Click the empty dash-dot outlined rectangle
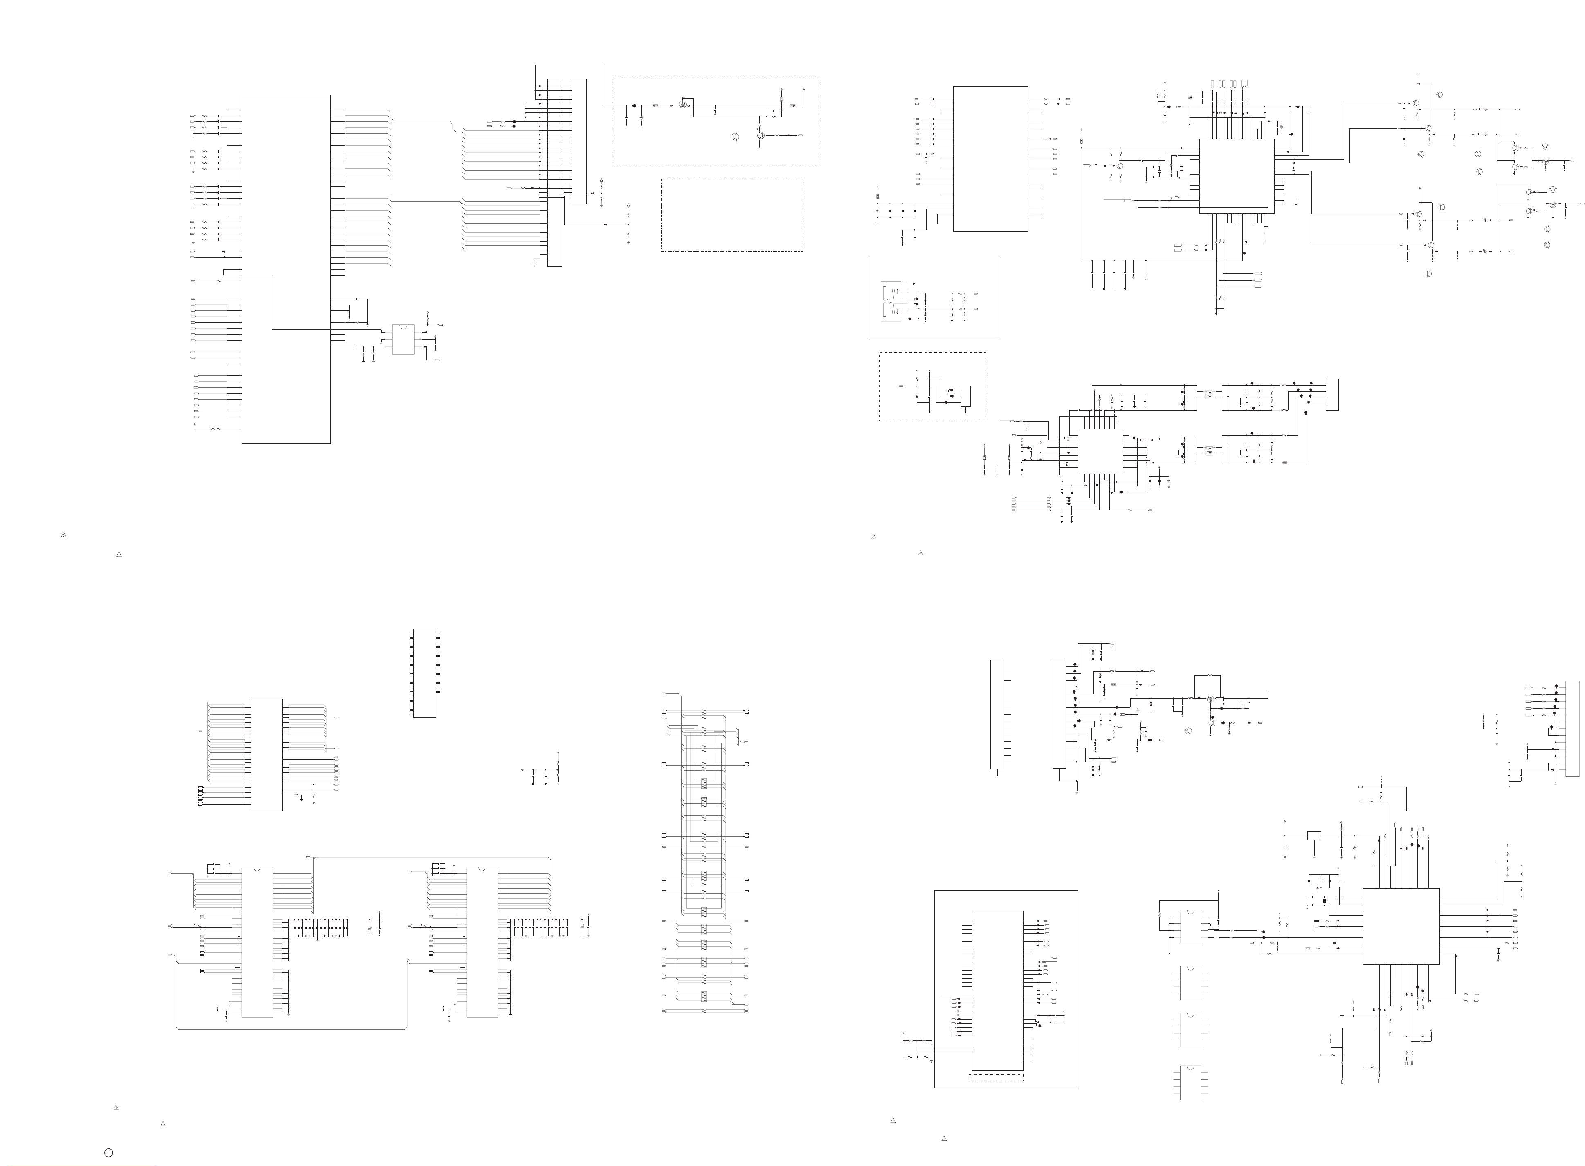tap(732, 215)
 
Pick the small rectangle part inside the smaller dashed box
tap(965, 396)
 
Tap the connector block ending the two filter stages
tap(1331, 394)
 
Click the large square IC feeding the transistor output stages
tap(1236, 176)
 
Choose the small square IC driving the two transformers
tap(1100, 450)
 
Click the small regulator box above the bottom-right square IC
tap(1313, 836)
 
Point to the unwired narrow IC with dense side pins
tap(424, 673)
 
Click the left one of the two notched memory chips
tap(258, 941)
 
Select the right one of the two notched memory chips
tap(482, 941)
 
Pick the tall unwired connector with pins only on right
tap(997, 714)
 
